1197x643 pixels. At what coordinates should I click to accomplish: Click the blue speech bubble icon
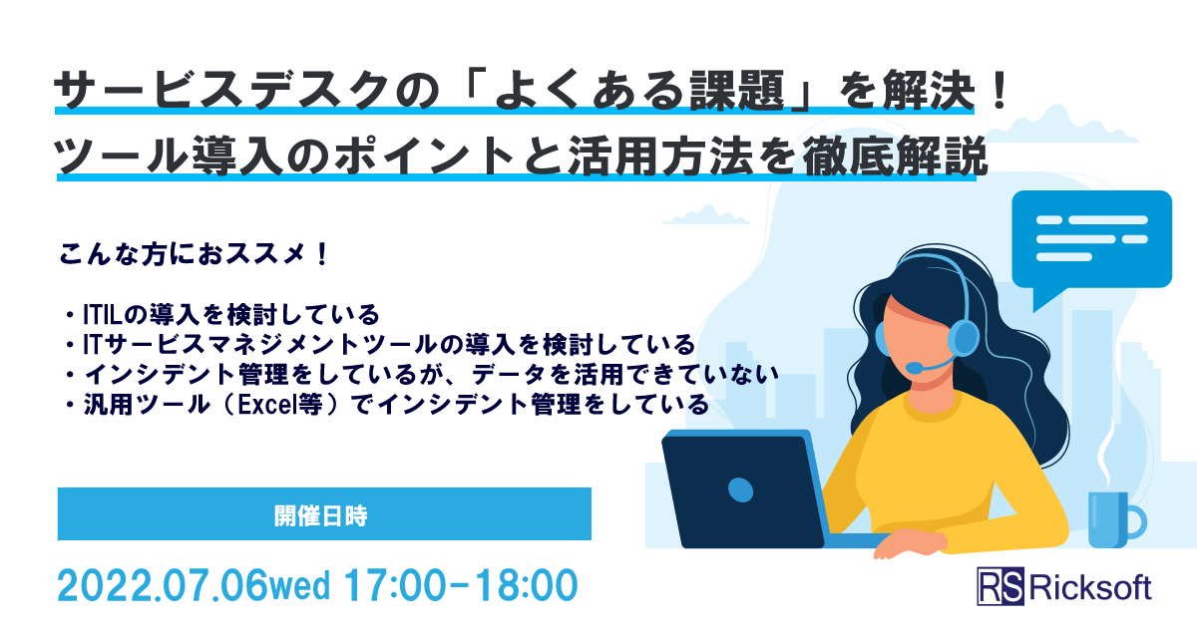1091,240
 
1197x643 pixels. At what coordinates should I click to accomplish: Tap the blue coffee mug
1110,519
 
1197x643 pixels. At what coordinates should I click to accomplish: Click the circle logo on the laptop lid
740,488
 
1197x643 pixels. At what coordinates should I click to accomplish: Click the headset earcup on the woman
962,340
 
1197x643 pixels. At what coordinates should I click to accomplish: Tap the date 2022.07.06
163,585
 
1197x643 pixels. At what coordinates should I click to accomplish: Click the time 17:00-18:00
460,585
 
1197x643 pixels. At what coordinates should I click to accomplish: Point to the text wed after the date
300,587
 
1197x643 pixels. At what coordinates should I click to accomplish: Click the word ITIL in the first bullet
101,316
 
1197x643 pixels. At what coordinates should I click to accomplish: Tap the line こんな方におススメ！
195,254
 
